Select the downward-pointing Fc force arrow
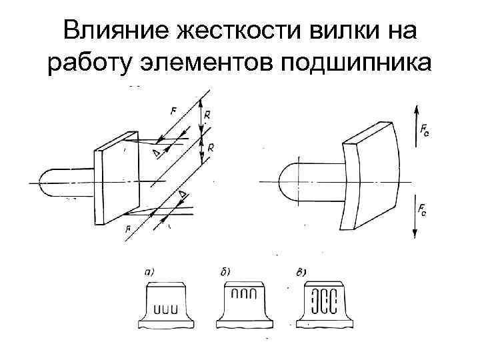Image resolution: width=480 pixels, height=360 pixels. click(414, 217)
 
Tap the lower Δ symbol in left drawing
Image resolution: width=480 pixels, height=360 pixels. click(181, 195)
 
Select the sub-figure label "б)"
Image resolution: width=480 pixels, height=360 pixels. click(225, 271)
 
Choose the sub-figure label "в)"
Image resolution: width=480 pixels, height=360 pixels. click(302, 271)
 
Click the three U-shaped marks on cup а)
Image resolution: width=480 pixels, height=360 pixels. click(163, 308)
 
